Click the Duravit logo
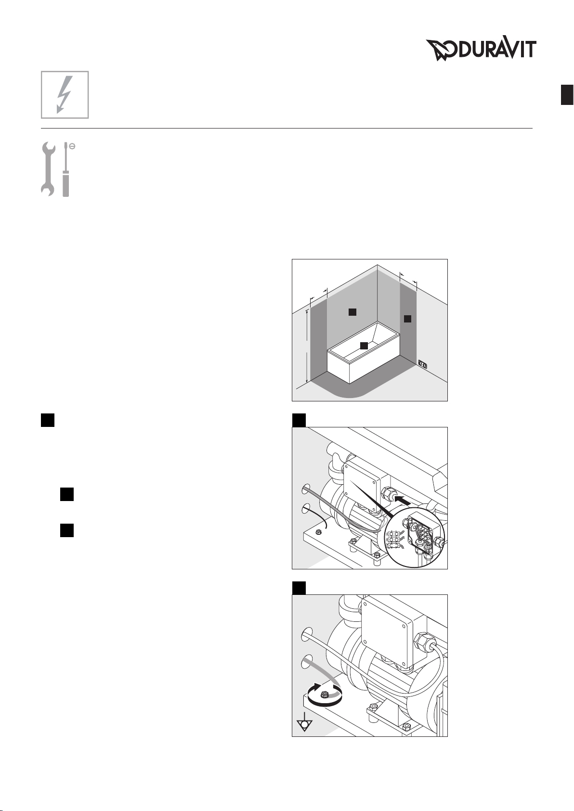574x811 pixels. tap(481, 50)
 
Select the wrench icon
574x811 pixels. tap(48, 169)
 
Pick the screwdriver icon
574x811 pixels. tap(65, 169)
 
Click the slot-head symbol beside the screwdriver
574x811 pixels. tap(72, 146)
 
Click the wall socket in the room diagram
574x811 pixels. tap(422, 363)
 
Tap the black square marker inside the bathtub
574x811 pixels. tap(364, 346)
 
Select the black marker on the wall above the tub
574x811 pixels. tap(352, 312)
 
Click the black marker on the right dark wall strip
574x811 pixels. tap(407, 319)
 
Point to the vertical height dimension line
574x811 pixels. tap(307, 346)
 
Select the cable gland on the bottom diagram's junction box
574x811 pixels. tap(422, 643)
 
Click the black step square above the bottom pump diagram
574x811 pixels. tap(299, 588)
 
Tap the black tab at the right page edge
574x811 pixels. tap(567, 94)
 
